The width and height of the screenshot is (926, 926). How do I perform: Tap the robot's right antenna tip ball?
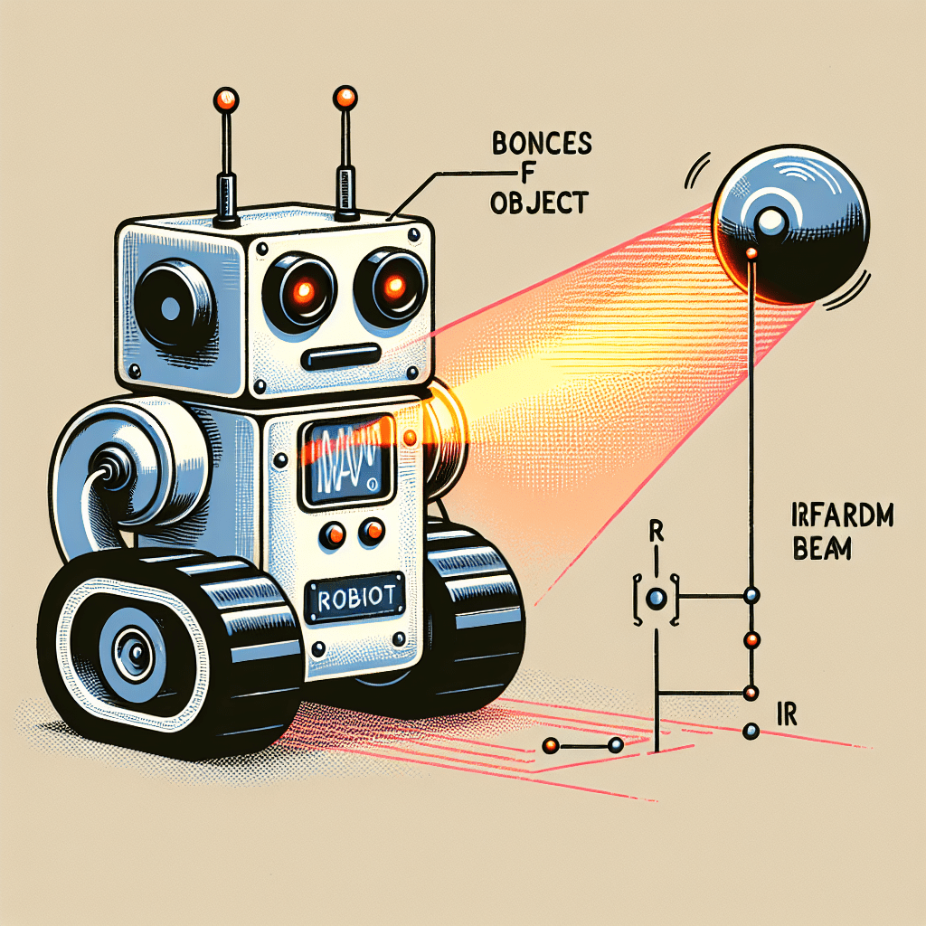tap(345, 97)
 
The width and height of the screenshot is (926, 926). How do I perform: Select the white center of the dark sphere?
tap(770, 221)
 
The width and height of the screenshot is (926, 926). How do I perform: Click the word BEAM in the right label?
tap(826, 549)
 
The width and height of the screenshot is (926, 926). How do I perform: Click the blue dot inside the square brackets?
tap(657, 597)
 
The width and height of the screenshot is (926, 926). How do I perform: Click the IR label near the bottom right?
tap(786, 714)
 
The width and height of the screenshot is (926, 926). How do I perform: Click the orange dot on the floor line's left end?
tap(549, 746)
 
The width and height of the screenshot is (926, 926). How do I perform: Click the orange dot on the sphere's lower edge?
tap(750, 254)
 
